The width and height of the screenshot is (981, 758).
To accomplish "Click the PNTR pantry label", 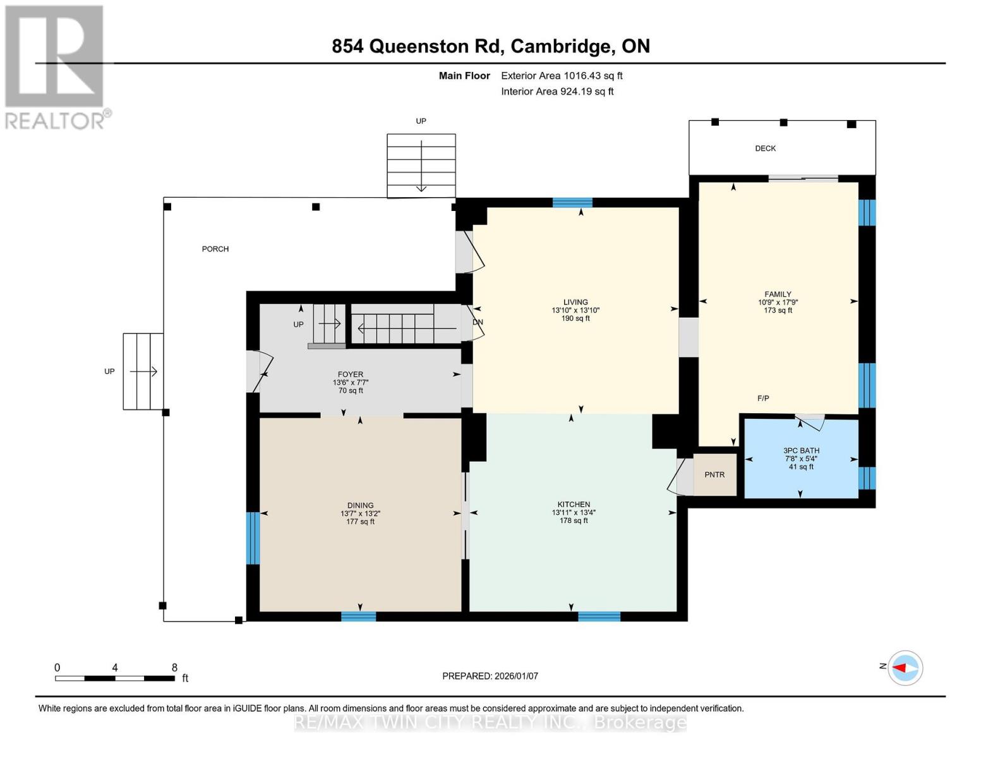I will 714,474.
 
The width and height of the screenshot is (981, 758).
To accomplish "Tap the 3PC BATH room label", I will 801,450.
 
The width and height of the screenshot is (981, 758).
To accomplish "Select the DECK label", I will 765,148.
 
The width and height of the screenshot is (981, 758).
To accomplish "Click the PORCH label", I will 215,249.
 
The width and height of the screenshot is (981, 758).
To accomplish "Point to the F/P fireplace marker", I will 763,398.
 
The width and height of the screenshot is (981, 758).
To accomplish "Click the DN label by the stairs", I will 478,322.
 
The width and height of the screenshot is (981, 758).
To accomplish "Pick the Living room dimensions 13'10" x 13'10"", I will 575,310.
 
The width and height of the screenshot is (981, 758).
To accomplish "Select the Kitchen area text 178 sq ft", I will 574,520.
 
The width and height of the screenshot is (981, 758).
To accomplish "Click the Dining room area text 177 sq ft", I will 360,522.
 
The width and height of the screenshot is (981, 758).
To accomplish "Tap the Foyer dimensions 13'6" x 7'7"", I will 351,382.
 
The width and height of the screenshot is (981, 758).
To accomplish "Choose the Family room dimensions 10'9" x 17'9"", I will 778,302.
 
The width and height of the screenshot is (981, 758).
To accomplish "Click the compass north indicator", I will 905,668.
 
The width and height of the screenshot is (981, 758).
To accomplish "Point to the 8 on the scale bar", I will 174,668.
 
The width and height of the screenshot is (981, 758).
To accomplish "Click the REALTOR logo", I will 56,66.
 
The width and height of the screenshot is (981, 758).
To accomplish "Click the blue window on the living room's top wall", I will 572,203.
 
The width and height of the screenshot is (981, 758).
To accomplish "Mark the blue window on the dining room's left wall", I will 253,538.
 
